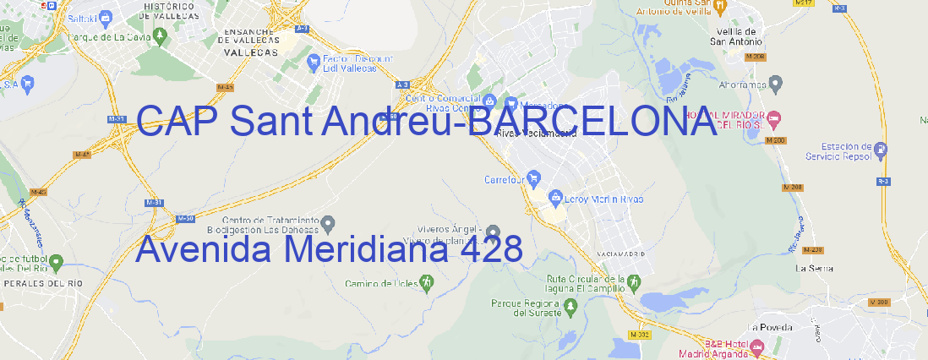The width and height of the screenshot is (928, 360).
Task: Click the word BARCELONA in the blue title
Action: [592, 123]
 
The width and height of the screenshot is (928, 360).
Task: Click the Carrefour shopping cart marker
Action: [535, 178]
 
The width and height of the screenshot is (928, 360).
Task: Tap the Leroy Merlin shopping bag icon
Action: [555, 198]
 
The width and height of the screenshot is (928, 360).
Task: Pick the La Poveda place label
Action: [770, 327]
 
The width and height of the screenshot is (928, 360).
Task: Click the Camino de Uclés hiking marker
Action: [426, 282]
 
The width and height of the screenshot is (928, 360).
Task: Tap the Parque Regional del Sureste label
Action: [526, 308]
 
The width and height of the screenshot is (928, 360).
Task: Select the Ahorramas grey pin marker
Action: [776, 83]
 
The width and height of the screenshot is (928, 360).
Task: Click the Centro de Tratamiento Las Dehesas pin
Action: [330, 223]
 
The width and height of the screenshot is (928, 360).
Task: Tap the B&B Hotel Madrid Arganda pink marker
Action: [757, 346]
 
